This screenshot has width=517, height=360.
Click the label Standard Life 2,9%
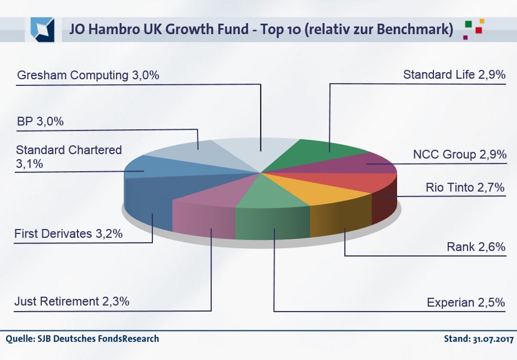coord(454,75)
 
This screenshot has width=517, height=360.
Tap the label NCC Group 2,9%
coord(459,155)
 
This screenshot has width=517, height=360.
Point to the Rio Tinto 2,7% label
coord(465,188)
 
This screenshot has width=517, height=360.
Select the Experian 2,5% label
coord(466,302)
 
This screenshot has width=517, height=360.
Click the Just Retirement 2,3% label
coord(73,301)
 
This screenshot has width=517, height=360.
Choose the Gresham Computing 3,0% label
coord(88,75)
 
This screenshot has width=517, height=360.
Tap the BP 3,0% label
coord(40,121)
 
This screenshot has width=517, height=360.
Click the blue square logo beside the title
coord(42,29)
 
